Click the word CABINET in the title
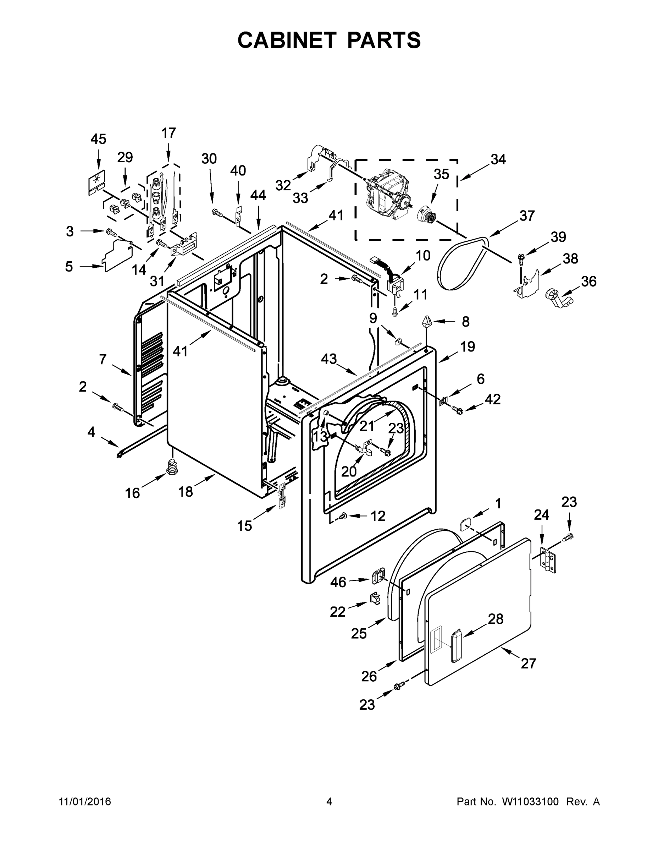(x=287, y=40)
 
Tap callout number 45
(x=98, y=139)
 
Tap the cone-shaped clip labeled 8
(x=426, y=322)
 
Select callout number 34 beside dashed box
(x=498, y=159)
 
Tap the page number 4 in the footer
(x=329, y=802)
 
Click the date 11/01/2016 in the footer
(x=84, y=802)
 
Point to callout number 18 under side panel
(x=186, y=492)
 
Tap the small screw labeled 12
(x=342, y=516)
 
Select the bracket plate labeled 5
(x=117, y=255)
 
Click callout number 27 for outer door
(x=528, y=663)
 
